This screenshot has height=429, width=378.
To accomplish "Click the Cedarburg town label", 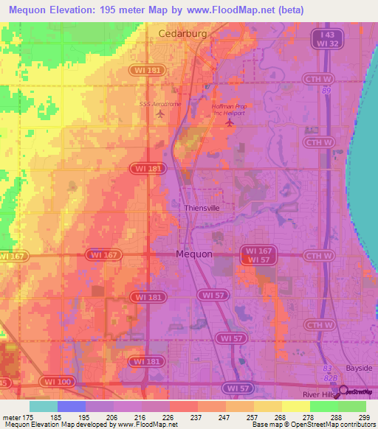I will coord(182,34).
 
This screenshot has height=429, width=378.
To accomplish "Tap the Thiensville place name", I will coord(202,209).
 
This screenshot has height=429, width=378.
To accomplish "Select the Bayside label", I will coord(360,367).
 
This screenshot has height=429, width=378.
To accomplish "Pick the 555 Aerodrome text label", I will coord(160,104).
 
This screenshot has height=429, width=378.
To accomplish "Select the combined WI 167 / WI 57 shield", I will coord(255,255).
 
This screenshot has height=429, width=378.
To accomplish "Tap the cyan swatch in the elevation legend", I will coord(44,406).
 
